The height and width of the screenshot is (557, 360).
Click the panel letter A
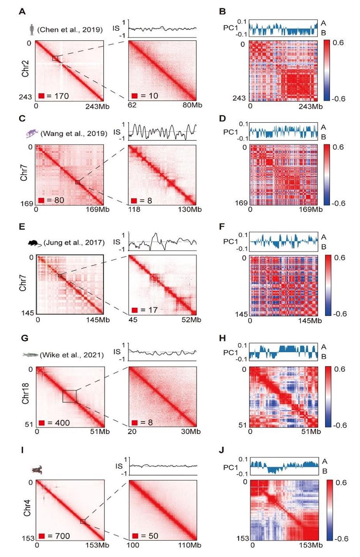(22, 12)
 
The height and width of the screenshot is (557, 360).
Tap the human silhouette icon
(32, 30)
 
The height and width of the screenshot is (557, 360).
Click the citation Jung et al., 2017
(74, 242)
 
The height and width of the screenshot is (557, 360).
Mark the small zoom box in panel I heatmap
(83, 521)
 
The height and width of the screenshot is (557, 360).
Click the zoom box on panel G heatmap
(70, 396)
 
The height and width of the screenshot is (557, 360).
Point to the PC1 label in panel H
(231, 352)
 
